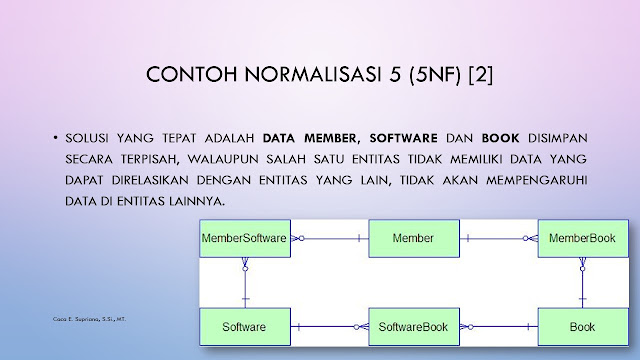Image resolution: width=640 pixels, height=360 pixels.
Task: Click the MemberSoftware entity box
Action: [245, 238]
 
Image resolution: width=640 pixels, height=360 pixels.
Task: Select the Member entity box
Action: [414, 238]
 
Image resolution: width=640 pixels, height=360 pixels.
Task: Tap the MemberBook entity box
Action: [583, 238]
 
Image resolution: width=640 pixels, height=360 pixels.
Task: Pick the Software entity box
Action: [245, 327]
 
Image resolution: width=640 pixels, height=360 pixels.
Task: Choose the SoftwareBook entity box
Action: [414, 327]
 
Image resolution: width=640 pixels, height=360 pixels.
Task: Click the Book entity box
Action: [583, 327]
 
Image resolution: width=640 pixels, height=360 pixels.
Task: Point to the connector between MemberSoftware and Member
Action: [330, 238]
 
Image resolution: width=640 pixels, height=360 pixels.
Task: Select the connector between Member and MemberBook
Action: [499, 238]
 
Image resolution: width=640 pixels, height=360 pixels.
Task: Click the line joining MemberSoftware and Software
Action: [245, 283]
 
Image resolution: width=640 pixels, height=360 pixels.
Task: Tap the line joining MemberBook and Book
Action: [582, 283]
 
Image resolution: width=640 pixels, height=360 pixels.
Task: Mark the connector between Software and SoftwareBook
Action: [330, 327]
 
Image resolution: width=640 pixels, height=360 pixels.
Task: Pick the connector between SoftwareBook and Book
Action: [499, 327]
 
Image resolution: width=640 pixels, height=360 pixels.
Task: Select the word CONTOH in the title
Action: [191, 74]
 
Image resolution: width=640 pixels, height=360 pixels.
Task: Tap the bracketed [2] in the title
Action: [481, 75]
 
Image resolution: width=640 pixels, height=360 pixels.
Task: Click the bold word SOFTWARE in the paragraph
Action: [403, 138]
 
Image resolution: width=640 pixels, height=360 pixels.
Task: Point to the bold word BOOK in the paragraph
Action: [500, 138]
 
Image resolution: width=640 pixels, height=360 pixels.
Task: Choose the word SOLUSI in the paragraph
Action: [87, 138]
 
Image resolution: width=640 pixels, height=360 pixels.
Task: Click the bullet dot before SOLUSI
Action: [55, 138]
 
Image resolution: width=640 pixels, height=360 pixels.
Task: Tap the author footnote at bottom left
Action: [89, 319]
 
